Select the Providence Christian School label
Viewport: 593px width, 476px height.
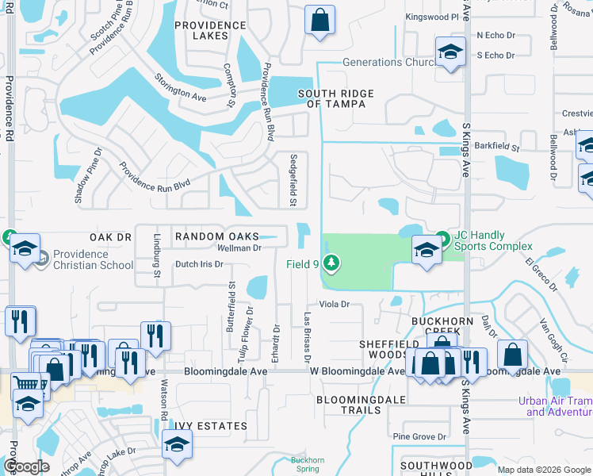[x=93, y=259]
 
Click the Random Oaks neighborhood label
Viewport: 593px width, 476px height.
[x=216, y=236]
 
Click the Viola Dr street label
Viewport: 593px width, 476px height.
[x=335, y=304]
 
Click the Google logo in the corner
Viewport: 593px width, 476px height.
[x=26, y=466]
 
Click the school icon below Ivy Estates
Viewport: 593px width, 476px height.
[x=176, y=446]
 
